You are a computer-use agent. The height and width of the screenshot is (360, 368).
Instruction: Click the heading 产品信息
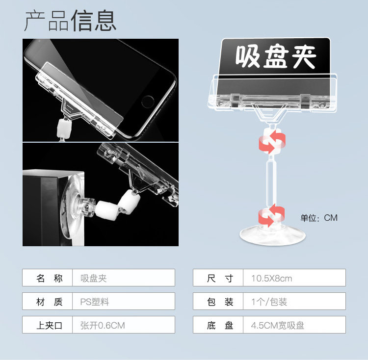71,21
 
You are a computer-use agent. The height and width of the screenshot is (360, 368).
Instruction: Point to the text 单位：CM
319,218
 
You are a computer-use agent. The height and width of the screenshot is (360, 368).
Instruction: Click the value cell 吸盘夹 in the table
93,278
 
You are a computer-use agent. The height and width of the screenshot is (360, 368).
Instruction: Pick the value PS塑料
95,302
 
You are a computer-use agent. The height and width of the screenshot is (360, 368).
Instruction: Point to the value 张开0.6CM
103,325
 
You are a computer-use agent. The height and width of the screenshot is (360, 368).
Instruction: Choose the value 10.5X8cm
271,278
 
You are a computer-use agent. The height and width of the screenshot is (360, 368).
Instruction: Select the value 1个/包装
269,302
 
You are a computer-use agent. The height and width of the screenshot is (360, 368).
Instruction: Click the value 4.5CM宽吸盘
277,325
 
